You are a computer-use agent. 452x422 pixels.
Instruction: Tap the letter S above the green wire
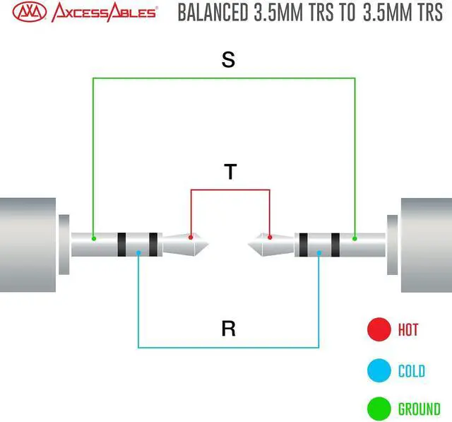pyautogui.click(x=227, y=60)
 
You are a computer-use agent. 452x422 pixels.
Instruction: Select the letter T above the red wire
pyautogui.click(x=230, y=172)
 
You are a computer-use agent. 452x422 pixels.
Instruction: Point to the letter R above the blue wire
pyautogui.click(x=227, y=329)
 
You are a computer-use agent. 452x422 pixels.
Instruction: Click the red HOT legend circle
pyautogui.click(x=379, y=329)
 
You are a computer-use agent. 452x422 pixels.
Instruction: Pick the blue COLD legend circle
pyautogui.click(x=379, y=370)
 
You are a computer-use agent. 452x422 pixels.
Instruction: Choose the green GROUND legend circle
pyautogui.click(x=379, y=409)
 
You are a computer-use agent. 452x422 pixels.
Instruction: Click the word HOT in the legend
pyautogui.click(x=408, y=329)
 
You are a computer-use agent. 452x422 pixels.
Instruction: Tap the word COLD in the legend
pyautogui.click(x=412, y=370)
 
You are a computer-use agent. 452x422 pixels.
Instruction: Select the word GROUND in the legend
pyautogui.click(x=420, y=409)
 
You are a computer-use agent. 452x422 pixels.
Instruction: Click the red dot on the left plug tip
pyautogui.click(x=191, y=237)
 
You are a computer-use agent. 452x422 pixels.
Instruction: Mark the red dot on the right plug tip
pyautogui.click(x=269, y=237)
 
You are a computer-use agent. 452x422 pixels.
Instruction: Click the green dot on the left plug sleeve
pyautogui.click(x=93, y=238)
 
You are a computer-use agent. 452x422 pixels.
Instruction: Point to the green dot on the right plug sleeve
pyautogui.click(x=355, y=238)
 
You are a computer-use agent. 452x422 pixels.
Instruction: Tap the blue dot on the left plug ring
pyautogui.click(x=138, y=252)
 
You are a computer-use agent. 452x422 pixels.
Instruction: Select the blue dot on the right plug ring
pyautogui.click(x=319, y=252)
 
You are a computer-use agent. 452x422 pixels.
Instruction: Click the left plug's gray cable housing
pyautogui.click(x=27, y=245)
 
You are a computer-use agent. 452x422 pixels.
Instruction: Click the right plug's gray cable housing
pyautogui.click(x=427, y=245)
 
